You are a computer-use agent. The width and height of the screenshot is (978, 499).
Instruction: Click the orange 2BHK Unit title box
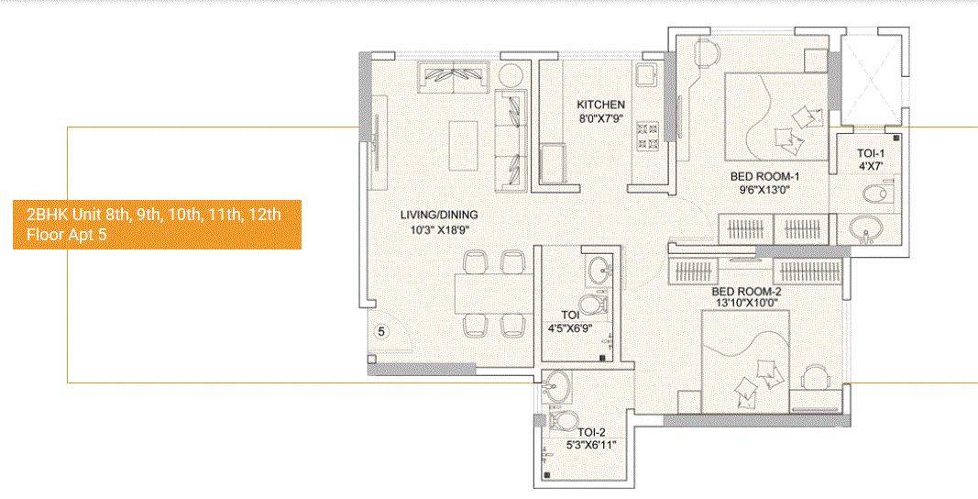tap(157, 225)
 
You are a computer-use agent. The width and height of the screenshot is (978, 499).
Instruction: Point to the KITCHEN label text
tap(600, 105)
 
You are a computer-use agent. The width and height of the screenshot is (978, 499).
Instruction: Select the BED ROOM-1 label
tap(765, 176)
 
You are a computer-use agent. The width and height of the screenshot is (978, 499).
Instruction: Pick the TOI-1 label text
tap(872, 154)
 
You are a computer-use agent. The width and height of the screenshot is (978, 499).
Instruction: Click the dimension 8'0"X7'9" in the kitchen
tap(600, 118)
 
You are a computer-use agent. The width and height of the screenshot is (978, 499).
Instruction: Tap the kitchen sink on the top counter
tap(646, 74)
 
